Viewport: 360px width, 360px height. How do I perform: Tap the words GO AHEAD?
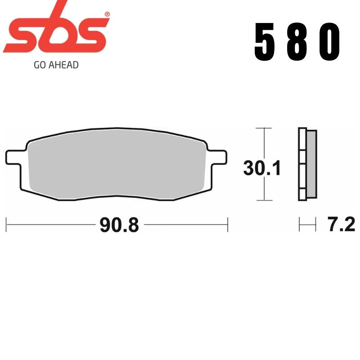[56, 65]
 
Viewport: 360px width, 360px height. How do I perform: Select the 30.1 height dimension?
[262, 168]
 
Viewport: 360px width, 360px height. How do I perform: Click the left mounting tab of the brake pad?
[13, 158]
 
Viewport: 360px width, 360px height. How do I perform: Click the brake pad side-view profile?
[307, 164]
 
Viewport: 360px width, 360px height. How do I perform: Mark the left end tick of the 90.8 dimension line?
[6, 224]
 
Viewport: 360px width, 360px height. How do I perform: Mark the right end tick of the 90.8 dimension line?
[228, 224]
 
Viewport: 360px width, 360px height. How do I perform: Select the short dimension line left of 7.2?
[307, 224]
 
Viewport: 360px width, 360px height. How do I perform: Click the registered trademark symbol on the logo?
[107, 15]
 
